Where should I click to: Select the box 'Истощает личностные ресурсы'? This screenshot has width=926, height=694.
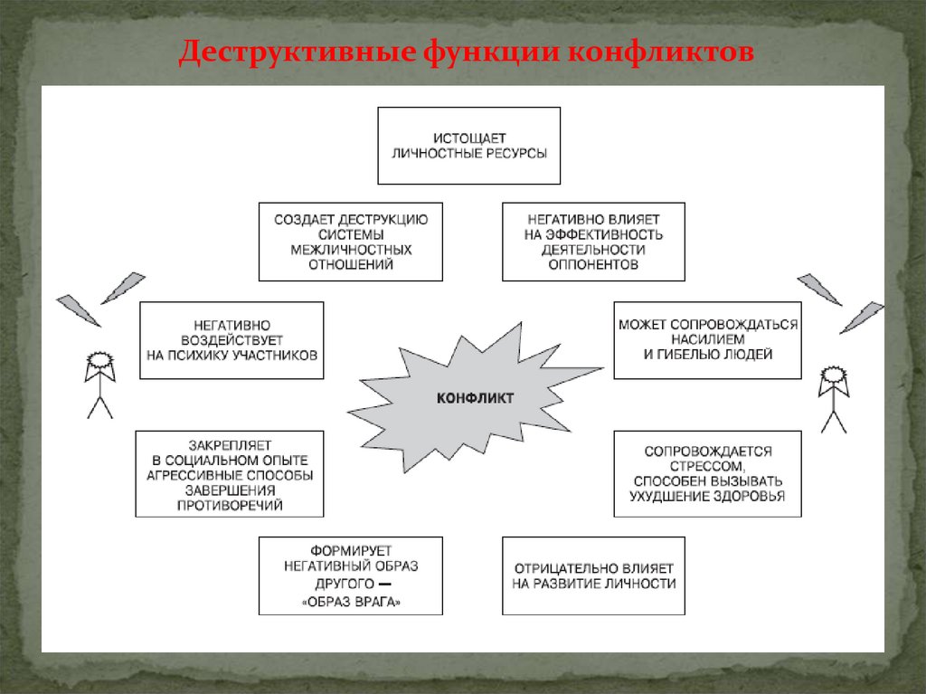coord(468,146)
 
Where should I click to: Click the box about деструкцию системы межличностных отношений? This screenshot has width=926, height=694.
coord(351,242)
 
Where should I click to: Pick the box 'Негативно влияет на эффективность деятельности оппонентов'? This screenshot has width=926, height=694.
coord(593,242)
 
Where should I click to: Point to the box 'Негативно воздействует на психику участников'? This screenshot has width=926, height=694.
coord(231,340)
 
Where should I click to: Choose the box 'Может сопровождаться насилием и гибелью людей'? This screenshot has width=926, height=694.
coord(707,340)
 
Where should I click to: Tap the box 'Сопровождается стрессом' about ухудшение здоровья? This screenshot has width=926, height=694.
coord(707,473)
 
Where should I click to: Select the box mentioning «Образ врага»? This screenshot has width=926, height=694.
coord(351,575)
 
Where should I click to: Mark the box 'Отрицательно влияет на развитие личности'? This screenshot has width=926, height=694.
coord(593,575)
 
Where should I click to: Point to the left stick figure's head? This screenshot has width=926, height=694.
coord(99,363)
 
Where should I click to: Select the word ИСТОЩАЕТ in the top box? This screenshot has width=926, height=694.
coord(468,137)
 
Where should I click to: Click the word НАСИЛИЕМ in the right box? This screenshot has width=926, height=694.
coord(707,339)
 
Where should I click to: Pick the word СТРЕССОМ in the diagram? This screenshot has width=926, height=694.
coord(707,465)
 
